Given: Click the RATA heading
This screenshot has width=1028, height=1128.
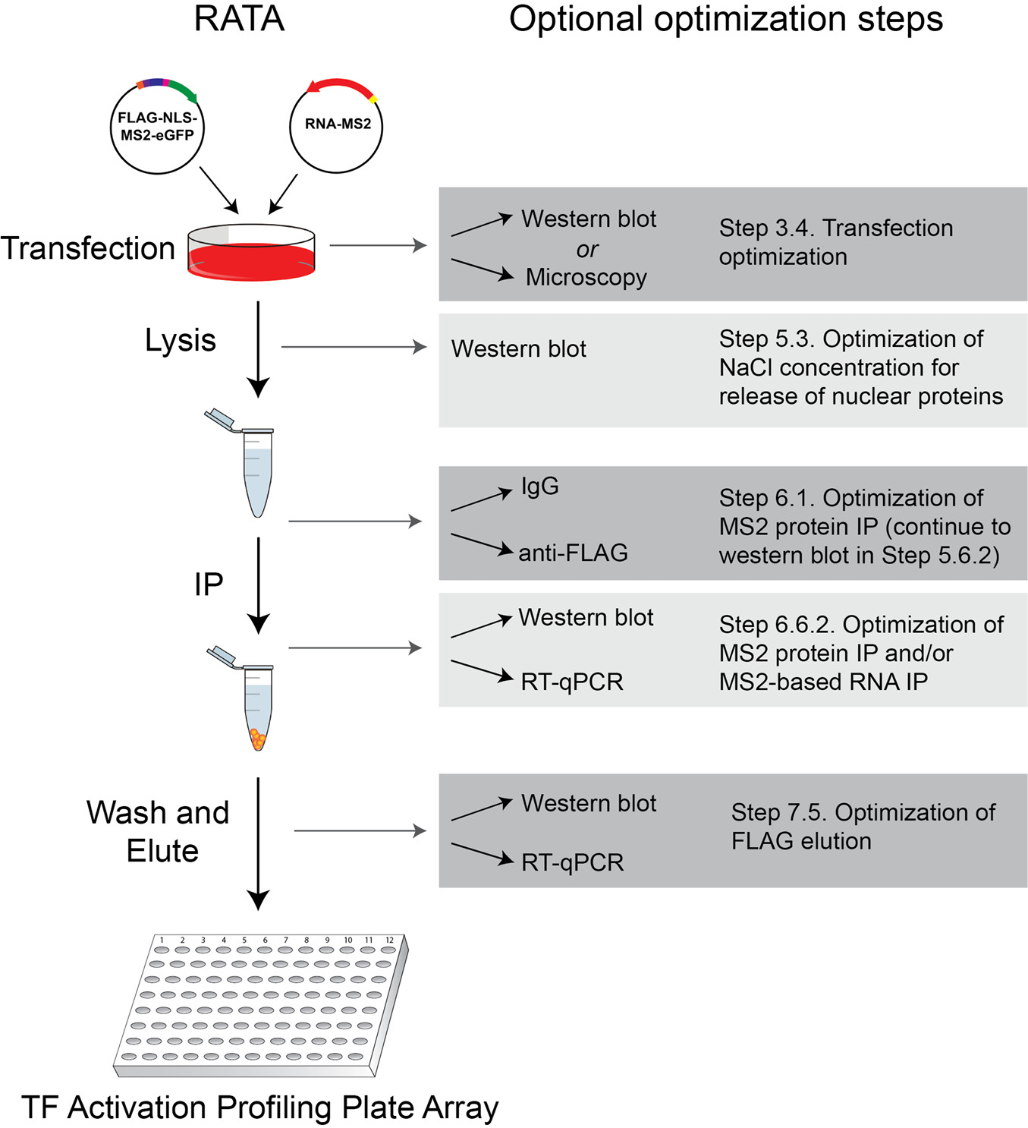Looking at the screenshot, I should pyautogui.click(x=239, y=19).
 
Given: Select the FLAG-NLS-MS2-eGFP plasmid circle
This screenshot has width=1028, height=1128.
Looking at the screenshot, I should pyautogui.click(x=157, y=128).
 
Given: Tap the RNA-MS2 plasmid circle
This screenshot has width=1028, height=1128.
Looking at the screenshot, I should pyautogui.click(x=337, y=124).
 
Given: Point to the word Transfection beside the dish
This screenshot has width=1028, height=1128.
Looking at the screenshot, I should pyautogui.click(x=88, y=248).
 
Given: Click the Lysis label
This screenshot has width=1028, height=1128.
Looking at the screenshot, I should pyautogui.click(x=181, y=340).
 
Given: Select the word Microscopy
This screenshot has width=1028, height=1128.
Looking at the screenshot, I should pyautogui.click(x=586, y=277).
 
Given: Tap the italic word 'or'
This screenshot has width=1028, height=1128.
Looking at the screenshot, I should pyautogui.click(x=586, y=249).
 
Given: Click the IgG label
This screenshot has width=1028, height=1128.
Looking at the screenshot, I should pyautogui.click(x=539, y=486).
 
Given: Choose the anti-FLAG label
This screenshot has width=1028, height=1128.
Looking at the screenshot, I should pyautogui.click(x=573, y=553).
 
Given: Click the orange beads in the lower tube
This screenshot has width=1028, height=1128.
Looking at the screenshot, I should pyautogui.click(x=258, y=739).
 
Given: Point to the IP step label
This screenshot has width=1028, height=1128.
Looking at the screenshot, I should pyautogui.click(x=209, y=584).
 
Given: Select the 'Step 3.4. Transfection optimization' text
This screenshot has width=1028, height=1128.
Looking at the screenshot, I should pyautogui.click(x=835, y=242).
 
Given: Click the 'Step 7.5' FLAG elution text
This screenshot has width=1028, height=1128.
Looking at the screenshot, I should pyautogui.click(x=863, y=827).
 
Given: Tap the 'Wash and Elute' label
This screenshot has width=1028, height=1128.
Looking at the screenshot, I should pyautogui.click(x=158, y=831).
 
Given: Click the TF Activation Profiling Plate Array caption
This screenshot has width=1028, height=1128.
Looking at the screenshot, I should pyautogui.click(x=259, y=1108).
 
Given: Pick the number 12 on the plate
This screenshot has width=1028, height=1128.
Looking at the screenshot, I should pyautogui.click(x=389, y=940).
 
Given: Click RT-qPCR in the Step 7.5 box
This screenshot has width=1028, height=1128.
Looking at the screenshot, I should pyautogui.click(x=573, y=862).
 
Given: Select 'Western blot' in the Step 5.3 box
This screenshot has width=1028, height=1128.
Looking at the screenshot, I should pyautogui.click(x=519, y=348).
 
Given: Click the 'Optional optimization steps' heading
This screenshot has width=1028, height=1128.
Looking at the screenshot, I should pyautogui.click(x=725, y=19).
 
